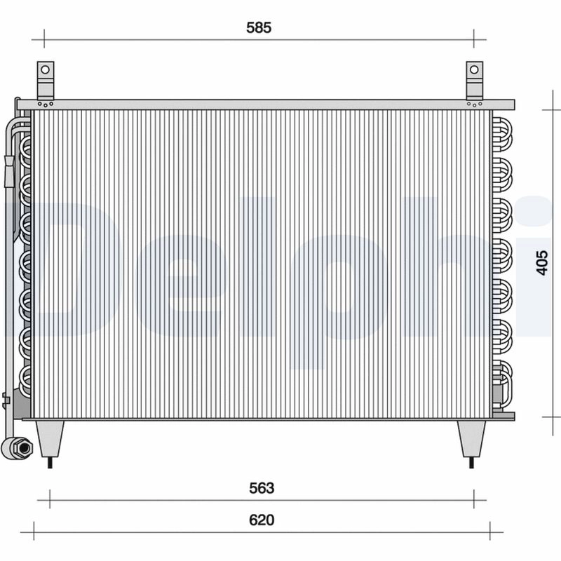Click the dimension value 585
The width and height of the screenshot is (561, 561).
click(258, 28)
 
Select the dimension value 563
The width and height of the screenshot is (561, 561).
click(261, 488)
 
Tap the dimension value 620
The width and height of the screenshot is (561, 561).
click(261, 520)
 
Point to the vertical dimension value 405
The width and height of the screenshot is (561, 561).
click(541, 262)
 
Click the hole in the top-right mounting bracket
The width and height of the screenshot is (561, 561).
click(475, 70)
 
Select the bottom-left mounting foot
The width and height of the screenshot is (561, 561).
click(50, 438)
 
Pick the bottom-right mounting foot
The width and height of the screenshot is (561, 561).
click(471, 438)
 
